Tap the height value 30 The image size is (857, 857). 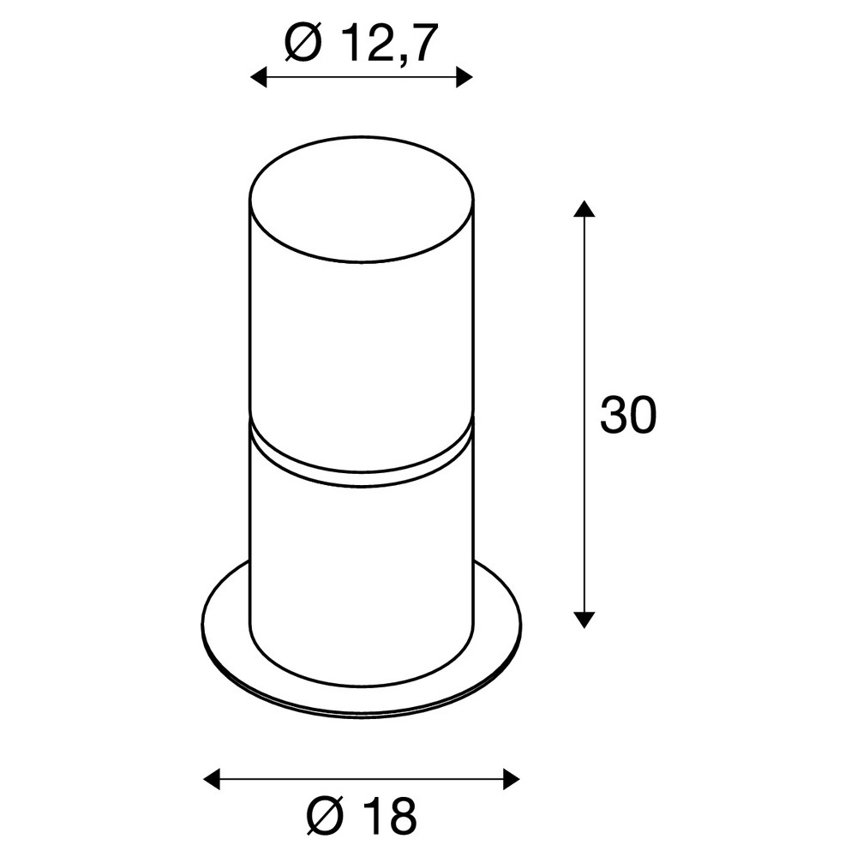coord(628,415)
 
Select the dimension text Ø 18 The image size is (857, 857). coord(362,816)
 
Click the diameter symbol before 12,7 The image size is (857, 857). coord(303,43)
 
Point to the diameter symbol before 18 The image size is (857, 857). coord(325,817)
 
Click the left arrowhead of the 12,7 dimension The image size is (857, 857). coord(258,78)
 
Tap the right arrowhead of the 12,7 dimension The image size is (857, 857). coord(464,78)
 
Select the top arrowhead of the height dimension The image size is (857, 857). coord(584,208)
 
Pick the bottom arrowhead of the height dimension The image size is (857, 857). coord(584,620)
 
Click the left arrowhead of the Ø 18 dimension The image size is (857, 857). coord(212,779)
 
